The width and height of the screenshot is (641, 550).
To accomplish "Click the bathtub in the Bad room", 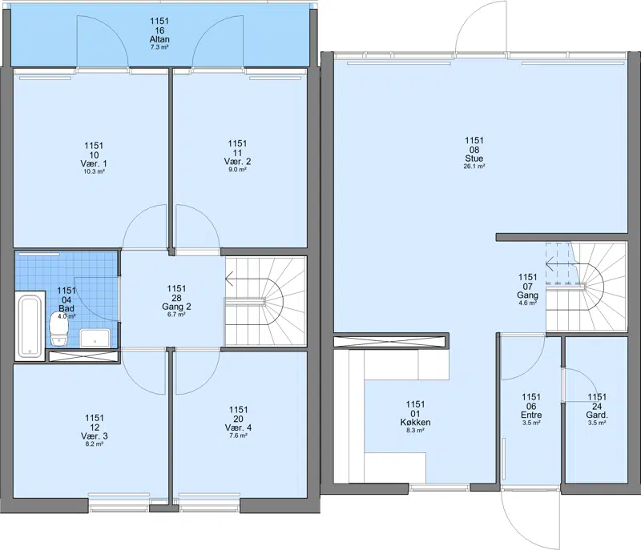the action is point(30,326).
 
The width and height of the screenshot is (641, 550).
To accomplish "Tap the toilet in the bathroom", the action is point(58,329).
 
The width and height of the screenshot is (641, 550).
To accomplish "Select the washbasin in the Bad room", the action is point(95,338).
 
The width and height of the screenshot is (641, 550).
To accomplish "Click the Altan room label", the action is point(159,39).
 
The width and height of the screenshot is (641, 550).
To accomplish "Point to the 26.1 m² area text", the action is point(474,167).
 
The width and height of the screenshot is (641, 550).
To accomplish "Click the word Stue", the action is point(474,159).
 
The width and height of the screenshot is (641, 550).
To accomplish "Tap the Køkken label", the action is point(415,423).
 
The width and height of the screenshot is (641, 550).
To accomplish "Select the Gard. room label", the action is point(597,416).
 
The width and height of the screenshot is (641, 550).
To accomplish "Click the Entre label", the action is point(531,416).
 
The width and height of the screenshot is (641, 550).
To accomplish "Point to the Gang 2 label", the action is point(176,307).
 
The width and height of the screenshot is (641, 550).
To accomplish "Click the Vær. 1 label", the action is point(94,164).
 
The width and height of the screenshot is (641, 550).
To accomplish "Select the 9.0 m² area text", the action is point(237,170).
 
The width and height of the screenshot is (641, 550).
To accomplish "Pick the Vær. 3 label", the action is point(95,436).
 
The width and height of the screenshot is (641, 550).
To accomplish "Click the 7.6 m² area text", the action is point(238,436).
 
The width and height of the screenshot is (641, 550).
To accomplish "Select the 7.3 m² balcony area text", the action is point(159,47).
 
